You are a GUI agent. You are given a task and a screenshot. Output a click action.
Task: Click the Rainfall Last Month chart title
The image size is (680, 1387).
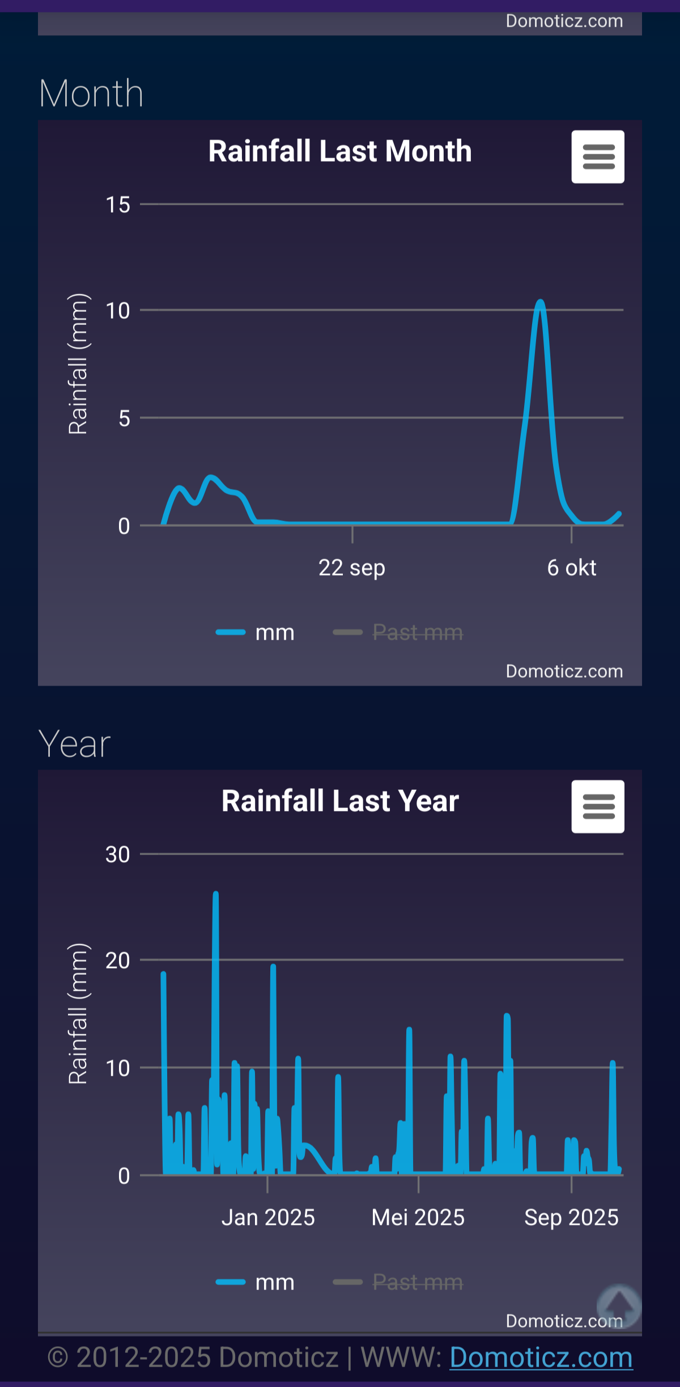coord(340,151)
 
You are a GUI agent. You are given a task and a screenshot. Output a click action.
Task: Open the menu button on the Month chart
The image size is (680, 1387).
coord(597,157)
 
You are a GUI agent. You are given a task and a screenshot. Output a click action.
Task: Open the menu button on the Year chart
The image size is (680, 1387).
coord(597,806)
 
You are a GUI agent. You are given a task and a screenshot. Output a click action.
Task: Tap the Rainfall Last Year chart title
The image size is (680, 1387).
coord(340,801)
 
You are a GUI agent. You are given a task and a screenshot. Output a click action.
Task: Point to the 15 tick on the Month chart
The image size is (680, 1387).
coord(118,205)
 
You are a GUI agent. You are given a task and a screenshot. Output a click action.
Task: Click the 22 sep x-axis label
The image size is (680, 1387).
coord(351,568)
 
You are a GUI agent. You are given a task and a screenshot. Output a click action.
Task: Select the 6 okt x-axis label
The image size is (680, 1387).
coord(571,568)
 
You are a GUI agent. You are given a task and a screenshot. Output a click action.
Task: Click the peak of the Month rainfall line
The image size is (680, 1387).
coord(540,302)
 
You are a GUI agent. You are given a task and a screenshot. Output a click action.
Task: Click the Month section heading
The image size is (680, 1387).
coord(91,93)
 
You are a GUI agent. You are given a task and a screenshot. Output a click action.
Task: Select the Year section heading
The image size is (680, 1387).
coord(74,743)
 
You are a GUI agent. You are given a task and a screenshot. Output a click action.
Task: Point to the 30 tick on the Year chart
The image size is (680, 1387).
coord(118,855)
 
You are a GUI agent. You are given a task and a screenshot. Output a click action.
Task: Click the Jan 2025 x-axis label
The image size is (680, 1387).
coord(268,1217)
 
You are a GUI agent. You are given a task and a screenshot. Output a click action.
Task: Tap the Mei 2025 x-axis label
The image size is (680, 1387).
coord(418,1217)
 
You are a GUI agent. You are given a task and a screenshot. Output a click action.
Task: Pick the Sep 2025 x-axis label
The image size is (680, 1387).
coord(571,1217)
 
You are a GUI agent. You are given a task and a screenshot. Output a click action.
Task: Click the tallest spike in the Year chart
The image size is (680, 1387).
coord(215,895)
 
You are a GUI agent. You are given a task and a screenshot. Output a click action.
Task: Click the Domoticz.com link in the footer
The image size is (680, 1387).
coord(541,1358)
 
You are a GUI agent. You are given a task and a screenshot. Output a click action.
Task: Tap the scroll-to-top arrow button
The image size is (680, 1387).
coord(619,1305)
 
